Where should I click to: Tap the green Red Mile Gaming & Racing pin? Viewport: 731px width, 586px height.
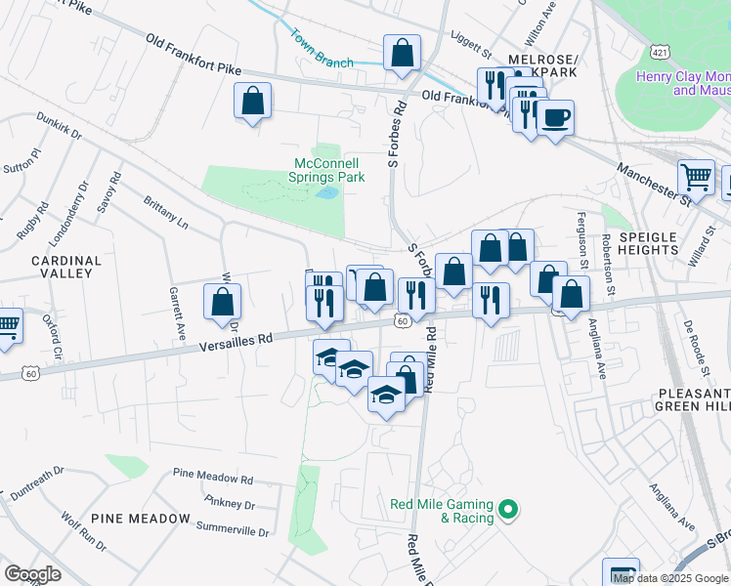pyautogui.click(x=507, y=509)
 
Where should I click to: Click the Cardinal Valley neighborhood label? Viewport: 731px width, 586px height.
pyautogui.click(x=66, y=267)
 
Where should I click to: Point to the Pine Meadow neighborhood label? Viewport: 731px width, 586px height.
pyautogui.click(x=141, y=518)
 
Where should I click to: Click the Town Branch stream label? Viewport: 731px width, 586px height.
pyautogui.click(x=321, y=46)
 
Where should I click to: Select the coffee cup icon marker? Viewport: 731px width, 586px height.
pyautogui.click(x=555, y=119)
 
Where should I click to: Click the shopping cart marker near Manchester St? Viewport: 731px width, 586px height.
pyautogui.click(x=696, y=178)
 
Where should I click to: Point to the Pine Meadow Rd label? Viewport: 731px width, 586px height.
pyautogui.click(x=212, y=479)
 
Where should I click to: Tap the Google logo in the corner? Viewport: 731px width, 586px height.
pyautogui.click(x=33, y=573)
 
